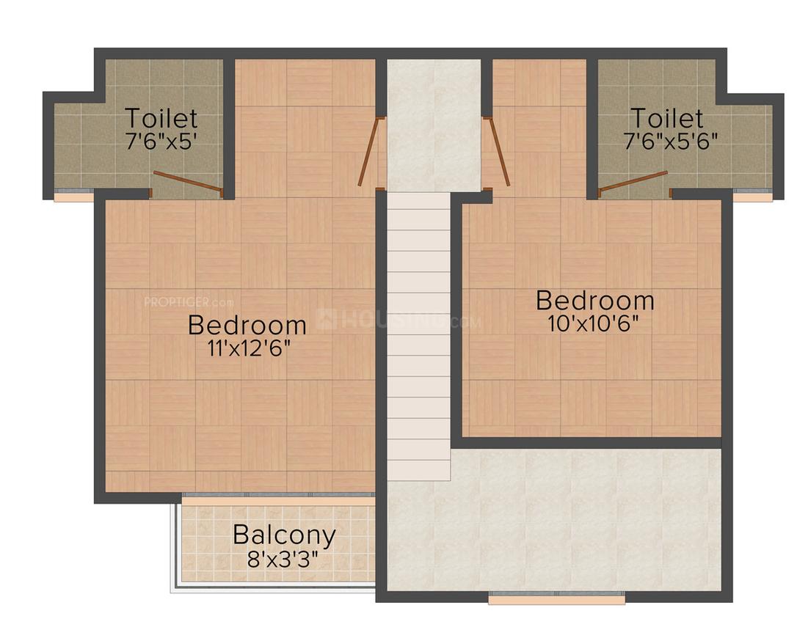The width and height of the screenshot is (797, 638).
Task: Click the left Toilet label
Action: point(161,118)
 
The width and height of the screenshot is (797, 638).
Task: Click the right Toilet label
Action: point(667,118)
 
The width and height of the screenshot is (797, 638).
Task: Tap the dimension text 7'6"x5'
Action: point(161,142)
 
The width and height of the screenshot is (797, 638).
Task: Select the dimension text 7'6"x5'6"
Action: point(671,141)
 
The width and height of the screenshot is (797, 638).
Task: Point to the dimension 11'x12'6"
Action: point(249,348)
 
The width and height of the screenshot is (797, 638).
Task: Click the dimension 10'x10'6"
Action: point(593,323)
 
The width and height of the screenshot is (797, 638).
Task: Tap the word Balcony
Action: point(285,535)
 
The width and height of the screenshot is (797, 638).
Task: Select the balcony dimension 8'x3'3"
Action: point(283,560)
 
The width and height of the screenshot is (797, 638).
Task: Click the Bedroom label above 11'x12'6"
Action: point(247,325)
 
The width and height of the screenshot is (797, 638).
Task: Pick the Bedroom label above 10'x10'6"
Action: point(595,300)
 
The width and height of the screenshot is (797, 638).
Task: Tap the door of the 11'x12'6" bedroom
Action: point(370,151)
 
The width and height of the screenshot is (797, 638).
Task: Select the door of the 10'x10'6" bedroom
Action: point(497,151)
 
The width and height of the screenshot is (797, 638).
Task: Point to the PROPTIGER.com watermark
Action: point(189,302)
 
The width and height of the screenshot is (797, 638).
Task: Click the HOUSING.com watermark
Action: point(398,320)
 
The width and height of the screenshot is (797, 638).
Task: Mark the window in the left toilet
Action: point(74,196)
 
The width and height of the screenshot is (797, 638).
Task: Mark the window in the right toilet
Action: point(753,196)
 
